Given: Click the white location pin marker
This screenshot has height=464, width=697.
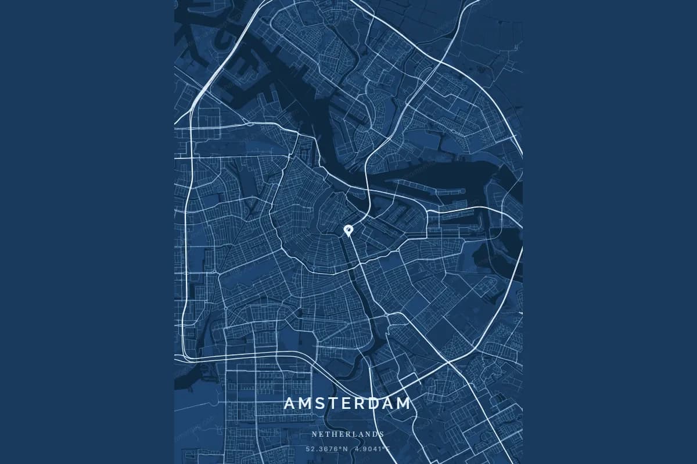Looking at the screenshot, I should (348, 230).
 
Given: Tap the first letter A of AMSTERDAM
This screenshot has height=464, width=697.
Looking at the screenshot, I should (290, 403).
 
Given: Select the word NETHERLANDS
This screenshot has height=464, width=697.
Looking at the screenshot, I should (348, 434).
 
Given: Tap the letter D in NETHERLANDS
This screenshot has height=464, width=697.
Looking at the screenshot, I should (375, 434).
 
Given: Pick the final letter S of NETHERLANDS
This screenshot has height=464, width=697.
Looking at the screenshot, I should (382, 434).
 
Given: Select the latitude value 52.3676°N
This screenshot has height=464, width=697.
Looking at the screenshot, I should (327, 448).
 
